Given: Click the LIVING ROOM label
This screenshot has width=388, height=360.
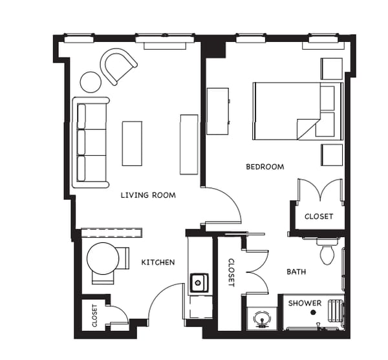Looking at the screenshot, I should [x=148, y=195].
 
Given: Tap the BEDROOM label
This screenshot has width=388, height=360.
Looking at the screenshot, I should [x=264, y=167].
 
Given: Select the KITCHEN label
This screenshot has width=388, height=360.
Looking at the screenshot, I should [x=158, y=262].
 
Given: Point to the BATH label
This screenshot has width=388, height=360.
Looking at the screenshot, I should [x=296, y=272].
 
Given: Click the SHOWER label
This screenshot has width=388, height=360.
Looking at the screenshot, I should [x=305, y=303].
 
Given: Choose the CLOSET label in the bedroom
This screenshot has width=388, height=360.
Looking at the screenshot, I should [x=319, y=217].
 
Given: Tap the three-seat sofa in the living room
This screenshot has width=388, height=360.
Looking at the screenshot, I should [x=89, y=142].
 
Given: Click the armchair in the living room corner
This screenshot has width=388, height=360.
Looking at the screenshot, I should [x=118, y=66].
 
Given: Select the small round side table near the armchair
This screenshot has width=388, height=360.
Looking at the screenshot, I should [x=91, y=82].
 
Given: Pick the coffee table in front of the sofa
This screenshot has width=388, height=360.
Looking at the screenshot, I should [x=132, y=143].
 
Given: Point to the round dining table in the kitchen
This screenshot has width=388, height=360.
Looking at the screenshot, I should [x=103, y=258].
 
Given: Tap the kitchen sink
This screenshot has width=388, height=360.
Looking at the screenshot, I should [x=199, y=282].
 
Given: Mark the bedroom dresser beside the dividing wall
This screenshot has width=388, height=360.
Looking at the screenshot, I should [x=217, y=111].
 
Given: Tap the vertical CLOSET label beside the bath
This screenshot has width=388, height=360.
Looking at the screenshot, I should [x=231, y=272].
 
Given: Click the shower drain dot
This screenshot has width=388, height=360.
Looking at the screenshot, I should [x=313, y=312].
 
